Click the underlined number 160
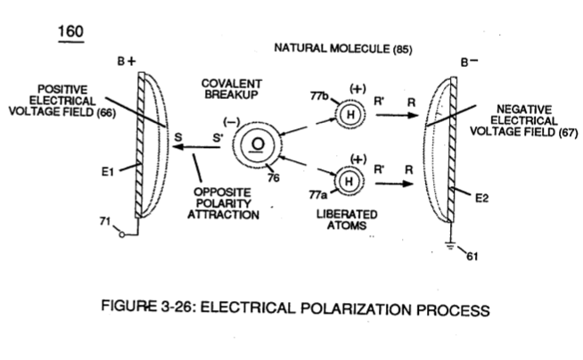[x=70, y=31]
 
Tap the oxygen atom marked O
[x=257, y=145]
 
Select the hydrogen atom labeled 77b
[x=350, y=114]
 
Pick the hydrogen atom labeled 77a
[x=349, y=181]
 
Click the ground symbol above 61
[x=450, y=246]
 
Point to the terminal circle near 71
[x=121, y=234]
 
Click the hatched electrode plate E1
[x=141, y=145]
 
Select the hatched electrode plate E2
[x=453, y=150]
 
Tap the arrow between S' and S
[x=196, y=147]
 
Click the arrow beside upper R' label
[x=397, y=115]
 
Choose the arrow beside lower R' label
[x=395, y=184]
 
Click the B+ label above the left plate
[x=127, y=61]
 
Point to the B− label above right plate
[x=469, y=61]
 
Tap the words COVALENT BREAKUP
[x=231, y=89]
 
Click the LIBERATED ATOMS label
[x=347, y=219]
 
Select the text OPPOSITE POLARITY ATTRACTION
[x=223, y=203]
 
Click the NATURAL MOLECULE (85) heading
[x=343, y=49]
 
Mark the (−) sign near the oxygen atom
[x=231, y=122]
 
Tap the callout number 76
[x=274, y=178]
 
